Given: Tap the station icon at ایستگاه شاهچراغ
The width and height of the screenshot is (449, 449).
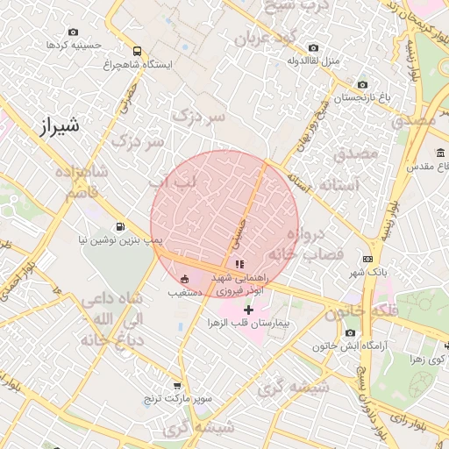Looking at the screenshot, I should [x=136, y=51].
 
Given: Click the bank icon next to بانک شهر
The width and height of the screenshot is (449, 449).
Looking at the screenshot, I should [x=367, y=259].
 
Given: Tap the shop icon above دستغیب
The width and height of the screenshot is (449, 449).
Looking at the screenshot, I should [x=185, y=278].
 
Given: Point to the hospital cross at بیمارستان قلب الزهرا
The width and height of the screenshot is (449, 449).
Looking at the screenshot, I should [x=248, y=309].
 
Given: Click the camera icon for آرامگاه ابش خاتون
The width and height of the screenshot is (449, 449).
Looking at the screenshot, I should [x=351, y=333].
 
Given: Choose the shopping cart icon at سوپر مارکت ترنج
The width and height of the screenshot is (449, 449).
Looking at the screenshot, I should [x=178, y=385].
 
